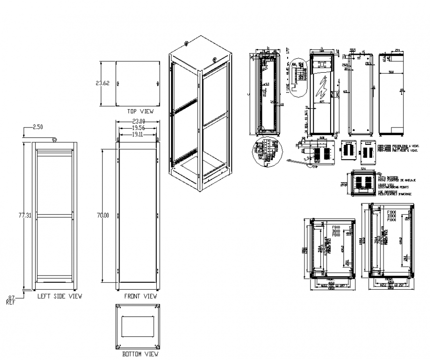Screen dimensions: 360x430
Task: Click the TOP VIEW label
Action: pos(140,111)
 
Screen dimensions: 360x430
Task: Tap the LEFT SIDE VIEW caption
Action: pos(60,296)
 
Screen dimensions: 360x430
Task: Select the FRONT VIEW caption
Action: pos(140,296)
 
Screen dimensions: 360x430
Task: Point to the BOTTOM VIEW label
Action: pos(140,354)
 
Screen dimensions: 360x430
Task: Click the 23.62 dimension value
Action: pos(102,83)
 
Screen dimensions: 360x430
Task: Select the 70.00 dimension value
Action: pos(103,215)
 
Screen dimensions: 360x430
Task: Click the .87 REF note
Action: pos(11,299)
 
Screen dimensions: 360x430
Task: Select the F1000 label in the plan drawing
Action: pos(391,213)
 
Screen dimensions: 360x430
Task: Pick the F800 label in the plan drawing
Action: pos(337,227)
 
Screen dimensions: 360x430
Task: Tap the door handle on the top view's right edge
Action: pos(159,83)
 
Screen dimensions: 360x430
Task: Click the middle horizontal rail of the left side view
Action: pos(54,215)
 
